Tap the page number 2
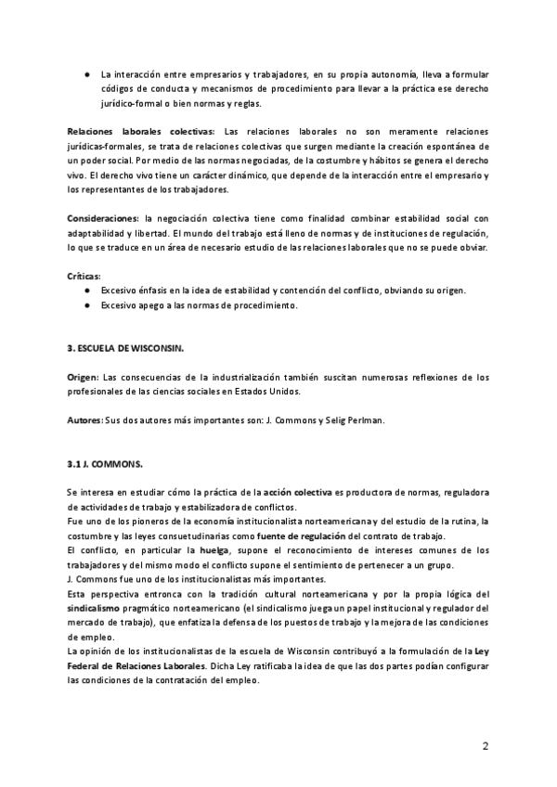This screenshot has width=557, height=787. click(486, 746)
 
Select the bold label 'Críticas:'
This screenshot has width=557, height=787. click(84, 276)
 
